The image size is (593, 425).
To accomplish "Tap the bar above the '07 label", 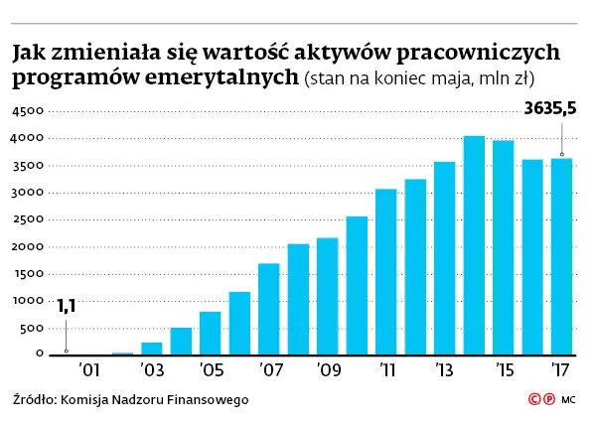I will pyautogui.click(x=268, y=309).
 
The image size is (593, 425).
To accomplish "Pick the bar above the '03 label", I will pyautogui.click(x=152, y=349).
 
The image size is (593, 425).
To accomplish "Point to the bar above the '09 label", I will pyautogui.click(x=328, y=296).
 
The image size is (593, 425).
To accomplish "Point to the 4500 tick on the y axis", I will pyautogui.click(x=26, y=111).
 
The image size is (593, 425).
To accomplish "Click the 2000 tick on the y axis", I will pyautogui.click(x=26, y=246).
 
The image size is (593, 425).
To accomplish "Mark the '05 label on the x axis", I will pyautogui.click(x=210, y=370).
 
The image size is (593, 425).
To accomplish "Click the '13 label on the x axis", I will pyautogui.click(x=444, y=370).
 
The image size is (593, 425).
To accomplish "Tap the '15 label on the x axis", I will pyautogui.click(x=503, y=370).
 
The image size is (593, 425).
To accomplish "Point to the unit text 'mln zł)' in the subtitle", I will pyautogui.click(x=520, y=77).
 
